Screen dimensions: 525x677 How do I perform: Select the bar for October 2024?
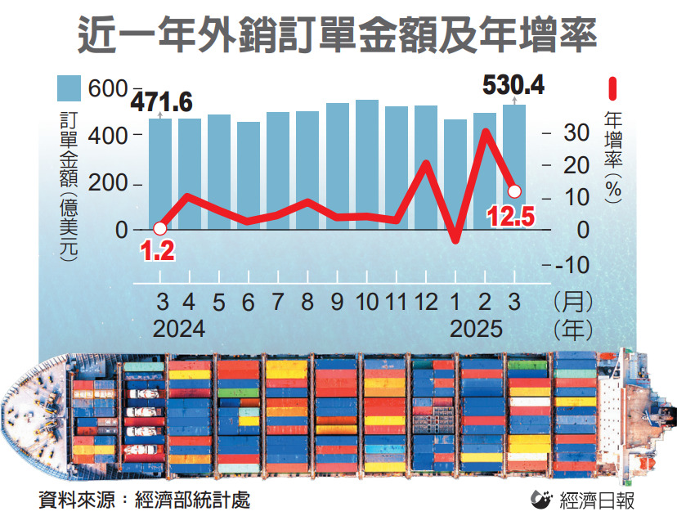click(x=367, y=164)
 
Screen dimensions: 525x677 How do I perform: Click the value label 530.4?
click(x=513, y=84)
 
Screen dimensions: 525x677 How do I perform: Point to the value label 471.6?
click(x=163, y=102)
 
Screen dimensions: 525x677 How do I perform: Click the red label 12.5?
click(x=511, y=217)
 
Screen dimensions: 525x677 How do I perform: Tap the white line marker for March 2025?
click(x=514, y=191)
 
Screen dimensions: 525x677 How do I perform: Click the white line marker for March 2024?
click(x=160, y=229)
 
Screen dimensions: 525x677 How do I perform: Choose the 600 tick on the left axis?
click(x=109, y=87)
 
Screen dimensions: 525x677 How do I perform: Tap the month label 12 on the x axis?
click(x=426, y=302)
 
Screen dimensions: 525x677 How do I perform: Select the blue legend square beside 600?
click(x=69, y=87)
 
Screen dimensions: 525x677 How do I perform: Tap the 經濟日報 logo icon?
click(x=541, y=500)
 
